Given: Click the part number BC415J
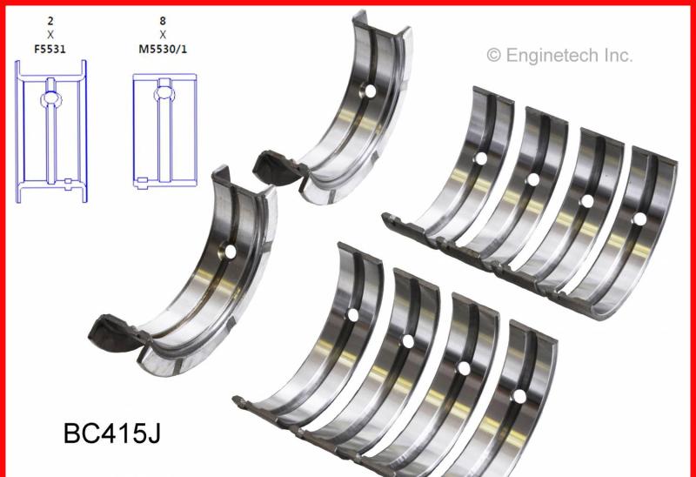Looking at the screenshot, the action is [x=112, y=433].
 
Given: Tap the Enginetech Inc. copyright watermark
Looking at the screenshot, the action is [x=559, y=56].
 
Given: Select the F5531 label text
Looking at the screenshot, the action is [x=50, y=49].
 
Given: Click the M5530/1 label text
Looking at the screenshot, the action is [x=163, y=49].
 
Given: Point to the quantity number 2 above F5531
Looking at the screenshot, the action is [x=50, y=20].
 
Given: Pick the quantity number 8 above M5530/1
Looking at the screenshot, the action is [x=163, y=20].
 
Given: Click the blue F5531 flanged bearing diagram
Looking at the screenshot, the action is [x=51, y=131].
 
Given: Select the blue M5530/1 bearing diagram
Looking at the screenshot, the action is [x=164, y=131].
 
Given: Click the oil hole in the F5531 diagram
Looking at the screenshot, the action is [x=51, y=98].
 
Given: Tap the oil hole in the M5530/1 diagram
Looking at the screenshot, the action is [x=164, y=93].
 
